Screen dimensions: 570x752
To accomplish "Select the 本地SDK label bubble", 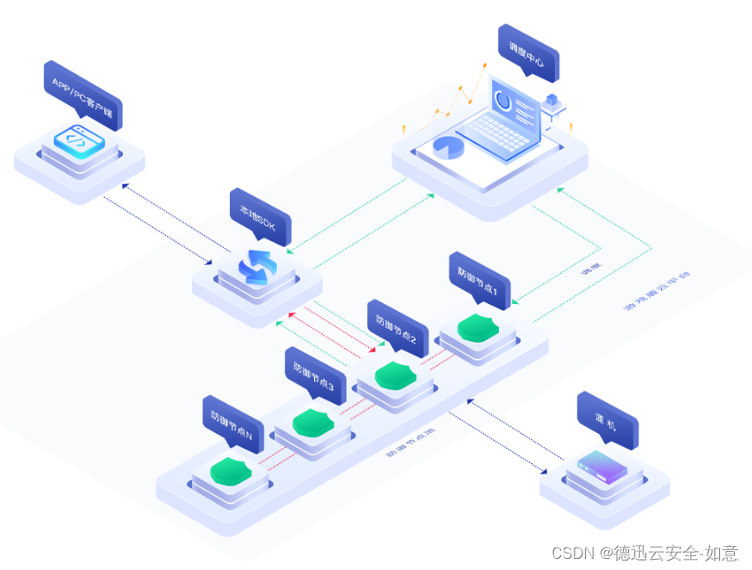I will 260,215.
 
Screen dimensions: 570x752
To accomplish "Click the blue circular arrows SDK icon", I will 256,266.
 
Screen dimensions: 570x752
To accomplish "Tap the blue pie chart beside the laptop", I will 448,147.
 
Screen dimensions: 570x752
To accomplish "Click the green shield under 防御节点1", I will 476,328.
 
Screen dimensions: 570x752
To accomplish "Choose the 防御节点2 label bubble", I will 398,326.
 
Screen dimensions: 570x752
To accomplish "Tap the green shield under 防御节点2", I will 396,375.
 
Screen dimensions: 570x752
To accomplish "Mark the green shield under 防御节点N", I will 231,471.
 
